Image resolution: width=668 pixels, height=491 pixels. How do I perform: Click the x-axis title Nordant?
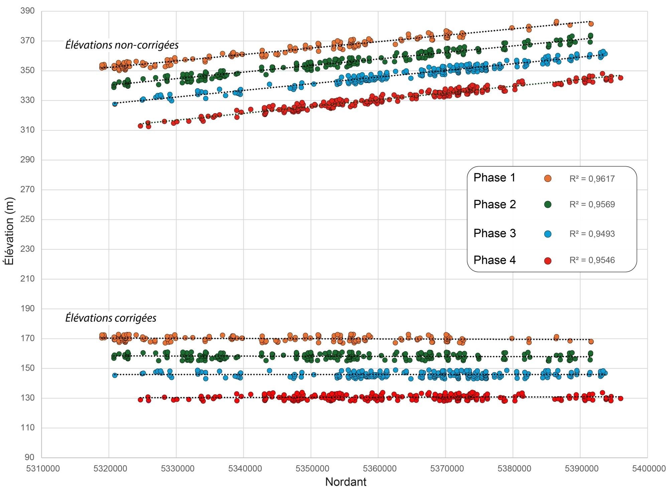346,482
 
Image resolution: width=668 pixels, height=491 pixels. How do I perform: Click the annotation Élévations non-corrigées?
122,45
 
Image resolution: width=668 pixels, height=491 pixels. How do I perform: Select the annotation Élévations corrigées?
111,318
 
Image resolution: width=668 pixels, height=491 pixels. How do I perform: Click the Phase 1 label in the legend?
495,178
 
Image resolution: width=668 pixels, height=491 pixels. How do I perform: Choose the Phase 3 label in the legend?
495,233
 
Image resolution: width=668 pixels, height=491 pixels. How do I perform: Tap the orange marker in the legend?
548,179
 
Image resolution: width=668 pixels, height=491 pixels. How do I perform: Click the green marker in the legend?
548,205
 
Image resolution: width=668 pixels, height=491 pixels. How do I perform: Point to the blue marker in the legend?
548,234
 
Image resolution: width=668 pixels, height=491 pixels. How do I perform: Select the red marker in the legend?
548,261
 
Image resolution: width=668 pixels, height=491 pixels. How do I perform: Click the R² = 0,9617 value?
592,179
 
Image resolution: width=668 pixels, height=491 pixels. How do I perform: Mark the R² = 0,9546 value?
592,261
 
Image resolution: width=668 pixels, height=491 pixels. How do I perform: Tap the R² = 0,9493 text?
592,234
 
